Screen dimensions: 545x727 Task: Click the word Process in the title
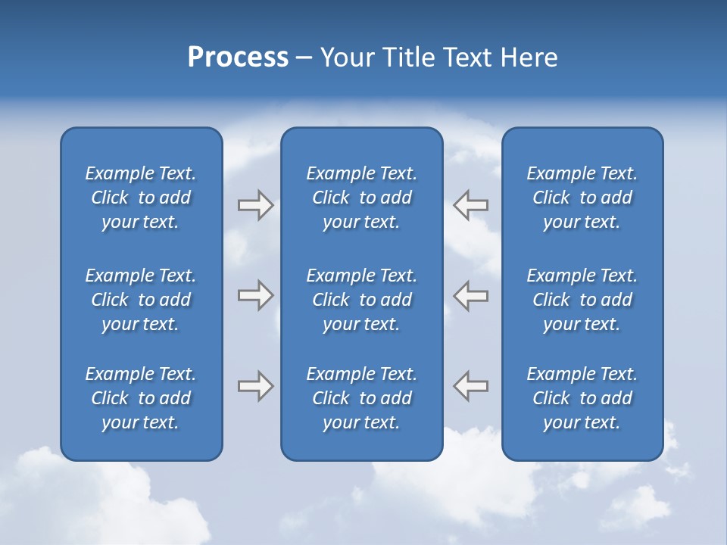(x=238, y=58)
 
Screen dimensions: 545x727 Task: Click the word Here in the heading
(x=528, y=58)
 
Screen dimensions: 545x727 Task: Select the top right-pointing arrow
(x=255, y=205)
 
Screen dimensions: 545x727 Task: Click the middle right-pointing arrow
(x=255, y=295)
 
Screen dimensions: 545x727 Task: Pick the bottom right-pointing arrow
(x=255, y=386)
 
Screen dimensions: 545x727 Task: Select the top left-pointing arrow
(x=470, y=205)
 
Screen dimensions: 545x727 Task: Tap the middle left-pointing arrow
(x=470, y=295)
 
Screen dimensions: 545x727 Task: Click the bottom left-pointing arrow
(x=470, y=386)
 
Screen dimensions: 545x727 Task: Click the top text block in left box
(x=141, y=198)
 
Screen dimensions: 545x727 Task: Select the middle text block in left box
(x=141, y=300)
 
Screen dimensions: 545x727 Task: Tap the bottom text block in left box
(x=141, y=398)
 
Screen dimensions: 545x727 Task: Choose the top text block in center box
(x=361, y=198)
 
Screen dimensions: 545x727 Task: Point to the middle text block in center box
(x=361, y=300)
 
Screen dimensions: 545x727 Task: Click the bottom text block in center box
(x=361, y=398)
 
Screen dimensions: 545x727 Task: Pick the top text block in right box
(x=582, y=198)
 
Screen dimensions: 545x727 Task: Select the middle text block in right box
(x=582, y=300)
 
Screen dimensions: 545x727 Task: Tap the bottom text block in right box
(x=582, y=398)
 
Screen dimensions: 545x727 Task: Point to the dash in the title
(x=304, y=58)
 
